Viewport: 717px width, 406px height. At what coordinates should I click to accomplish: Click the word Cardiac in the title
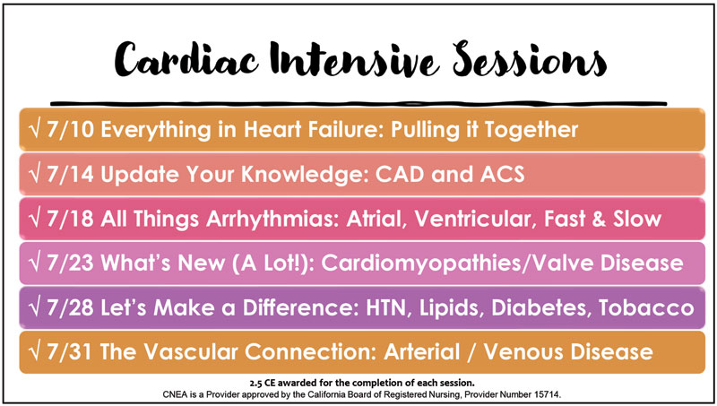tap(186, 59)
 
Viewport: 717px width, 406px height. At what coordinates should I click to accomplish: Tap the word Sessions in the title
tap(530, 58)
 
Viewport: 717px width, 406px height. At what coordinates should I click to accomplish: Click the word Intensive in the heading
tap(355, 59)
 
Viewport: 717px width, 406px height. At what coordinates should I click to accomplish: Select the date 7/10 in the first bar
tap(71, 130)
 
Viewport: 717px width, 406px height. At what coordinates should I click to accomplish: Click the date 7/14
tap(71, 174)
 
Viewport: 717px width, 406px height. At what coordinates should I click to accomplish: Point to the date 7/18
tap(71, 219)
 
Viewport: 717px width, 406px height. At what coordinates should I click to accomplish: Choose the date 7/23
tap(71, 263)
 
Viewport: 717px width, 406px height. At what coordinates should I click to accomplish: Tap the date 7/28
tap(71, 307)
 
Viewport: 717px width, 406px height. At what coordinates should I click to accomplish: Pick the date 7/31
tap(70, 351)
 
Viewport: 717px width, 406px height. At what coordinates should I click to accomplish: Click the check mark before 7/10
tap(35, 130)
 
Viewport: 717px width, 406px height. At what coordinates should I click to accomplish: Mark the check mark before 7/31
tap(35, 351)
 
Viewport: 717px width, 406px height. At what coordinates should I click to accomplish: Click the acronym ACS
tap(502, 174)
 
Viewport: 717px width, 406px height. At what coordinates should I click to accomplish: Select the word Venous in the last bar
tap(523, 351)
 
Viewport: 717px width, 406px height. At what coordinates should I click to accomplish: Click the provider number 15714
tap(548, 394)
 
